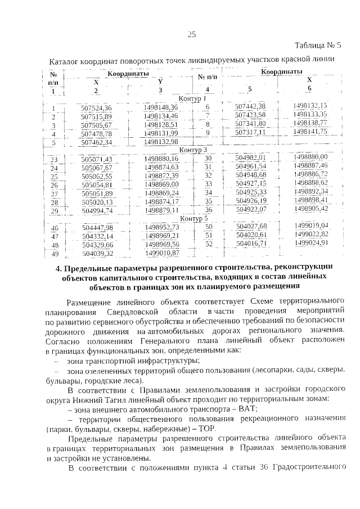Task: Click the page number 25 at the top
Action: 191,35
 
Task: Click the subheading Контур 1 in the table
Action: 192,99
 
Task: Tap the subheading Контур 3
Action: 193,150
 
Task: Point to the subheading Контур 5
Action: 193,218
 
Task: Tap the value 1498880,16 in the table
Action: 161,159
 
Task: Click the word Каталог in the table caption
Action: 66,60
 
